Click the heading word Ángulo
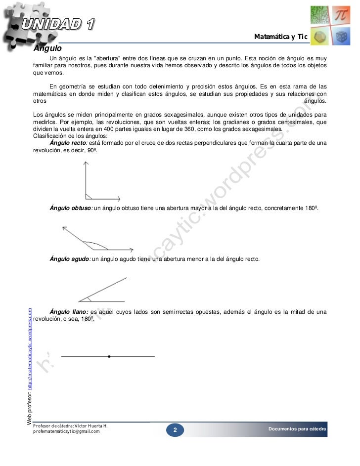tap(47, 49)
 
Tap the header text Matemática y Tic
tap(280, 37)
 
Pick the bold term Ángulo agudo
tap(70, 259)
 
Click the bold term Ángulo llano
tap(69, 312)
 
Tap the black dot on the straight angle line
tap(109, 356)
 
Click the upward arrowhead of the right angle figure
tap(86, 166)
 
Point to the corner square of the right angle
tap(89, 196)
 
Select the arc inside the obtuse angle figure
tap(96, 244)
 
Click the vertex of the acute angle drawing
tap(80, 300)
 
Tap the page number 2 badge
tap(175, 431)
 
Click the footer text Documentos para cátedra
tap(297, 428)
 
